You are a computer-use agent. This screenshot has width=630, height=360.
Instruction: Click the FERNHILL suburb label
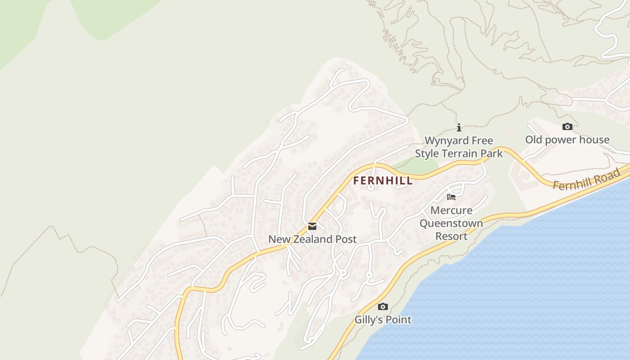[x=382, y=181]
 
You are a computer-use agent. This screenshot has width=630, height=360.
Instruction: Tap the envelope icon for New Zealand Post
[x=312, y=226]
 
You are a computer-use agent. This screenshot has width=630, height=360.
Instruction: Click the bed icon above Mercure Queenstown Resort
[x=451, y=197]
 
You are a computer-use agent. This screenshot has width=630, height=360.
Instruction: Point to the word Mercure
[x=451, y=210]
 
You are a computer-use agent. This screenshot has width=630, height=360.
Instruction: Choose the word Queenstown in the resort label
[x=451, y=223]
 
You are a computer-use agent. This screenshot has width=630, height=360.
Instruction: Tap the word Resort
[x=451, y=236]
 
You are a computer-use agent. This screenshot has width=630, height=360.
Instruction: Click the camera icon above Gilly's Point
[x=383, y=306]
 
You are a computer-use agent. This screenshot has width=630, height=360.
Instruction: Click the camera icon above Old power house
[x=567, y=126]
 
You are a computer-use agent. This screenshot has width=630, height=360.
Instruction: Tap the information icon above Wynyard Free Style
[x=459, y=127]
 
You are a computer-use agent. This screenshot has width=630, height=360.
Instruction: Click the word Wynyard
[x=446, y=141]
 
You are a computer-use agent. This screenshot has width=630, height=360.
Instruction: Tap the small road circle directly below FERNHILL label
[x=371, y=188]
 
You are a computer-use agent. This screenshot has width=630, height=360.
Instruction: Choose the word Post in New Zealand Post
[x=346, y=239]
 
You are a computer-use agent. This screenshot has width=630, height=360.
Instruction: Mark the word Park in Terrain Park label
[x=491, y=154]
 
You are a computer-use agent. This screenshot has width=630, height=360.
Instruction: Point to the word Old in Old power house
[x=534, y=140]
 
